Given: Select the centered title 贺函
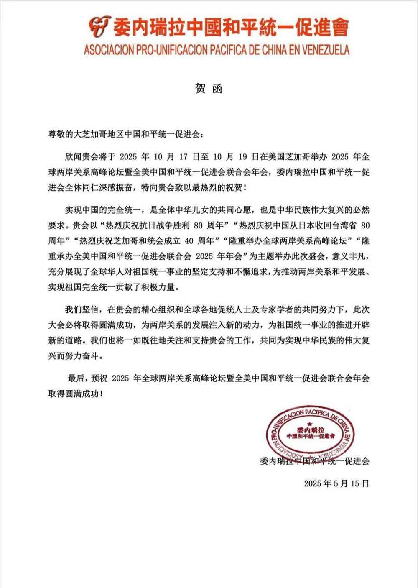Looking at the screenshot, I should [x=209, y=89].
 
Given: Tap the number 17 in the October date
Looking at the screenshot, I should [x=184, y=157].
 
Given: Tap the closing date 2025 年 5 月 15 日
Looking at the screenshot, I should [x=336, y=483].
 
